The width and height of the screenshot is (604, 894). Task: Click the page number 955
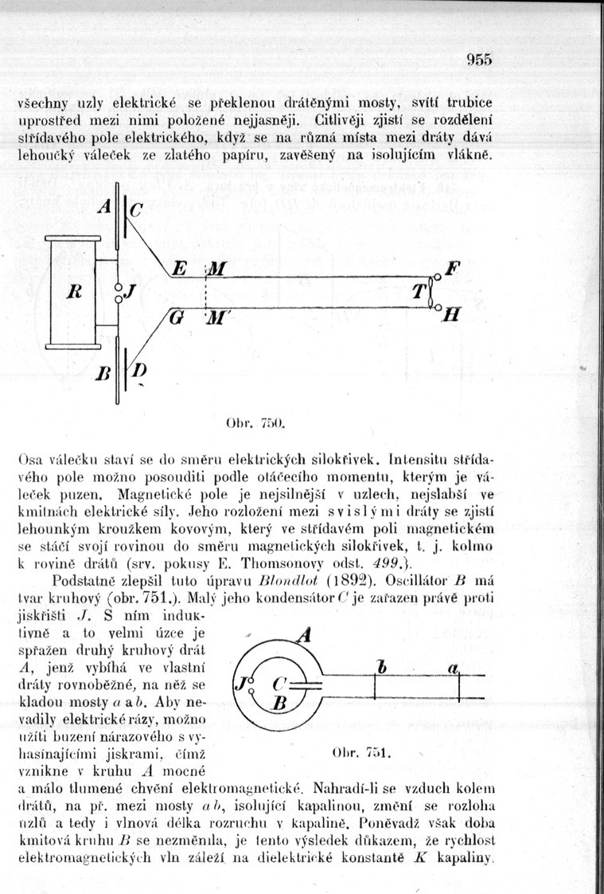point(480,58)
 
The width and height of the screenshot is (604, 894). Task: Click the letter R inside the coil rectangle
point(71,292)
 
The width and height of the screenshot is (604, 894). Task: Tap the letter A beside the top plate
point(104,206)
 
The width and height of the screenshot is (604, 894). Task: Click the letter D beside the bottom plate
point(140,371)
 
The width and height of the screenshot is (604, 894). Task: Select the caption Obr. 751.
point(367,752)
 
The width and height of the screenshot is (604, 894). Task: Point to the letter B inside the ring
point(279,704)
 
